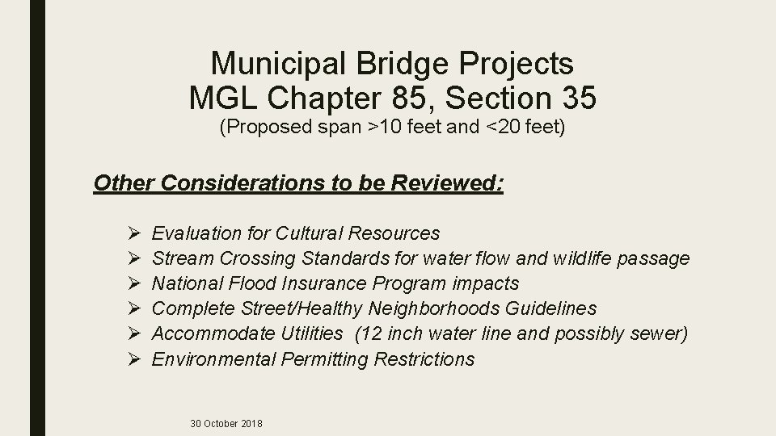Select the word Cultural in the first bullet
310,233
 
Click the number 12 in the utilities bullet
371,333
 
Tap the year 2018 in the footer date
250,424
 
